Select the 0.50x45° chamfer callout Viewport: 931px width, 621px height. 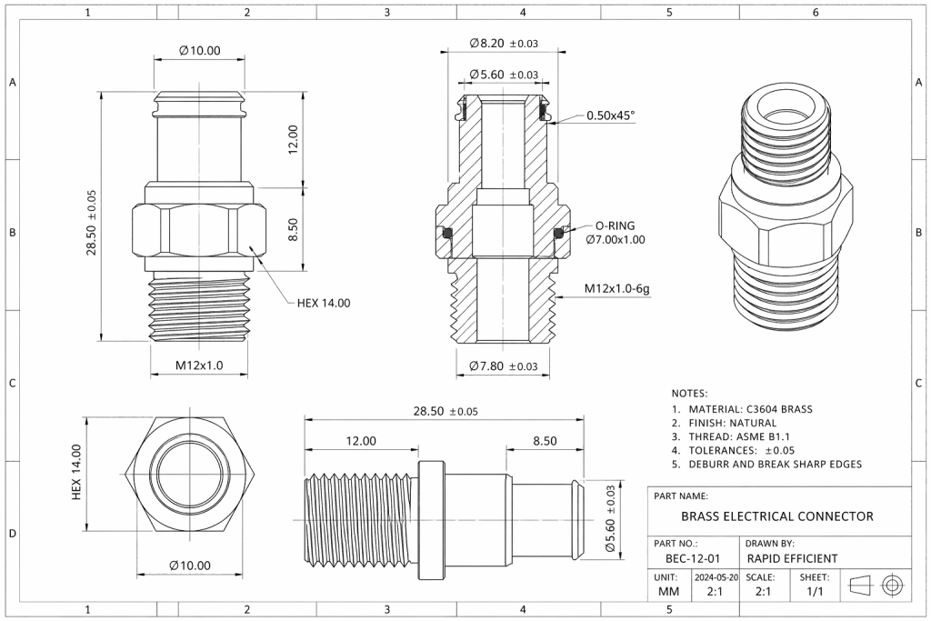[x=610, y=115]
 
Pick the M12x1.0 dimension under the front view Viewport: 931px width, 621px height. [x=199, y=365]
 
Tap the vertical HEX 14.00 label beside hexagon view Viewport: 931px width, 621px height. [x=77, y=472]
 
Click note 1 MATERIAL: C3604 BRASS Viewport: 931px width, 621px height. [x=742, y=408]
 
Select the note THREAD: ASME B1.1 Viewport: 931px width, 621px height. [x=737, y=436]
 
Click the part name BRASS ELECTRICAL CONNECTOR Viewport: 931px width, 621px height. [x=776, y=516]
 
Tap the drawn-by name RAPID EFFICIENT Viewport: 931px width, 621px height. [x=791, y=558]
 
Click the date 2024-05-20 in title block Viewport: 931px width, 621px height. [x=716, y=577]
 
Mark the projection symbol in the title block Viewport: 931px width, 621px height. [x=876, y=585]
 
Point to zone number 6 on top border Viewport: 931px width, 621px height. [x=816, y=13]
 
